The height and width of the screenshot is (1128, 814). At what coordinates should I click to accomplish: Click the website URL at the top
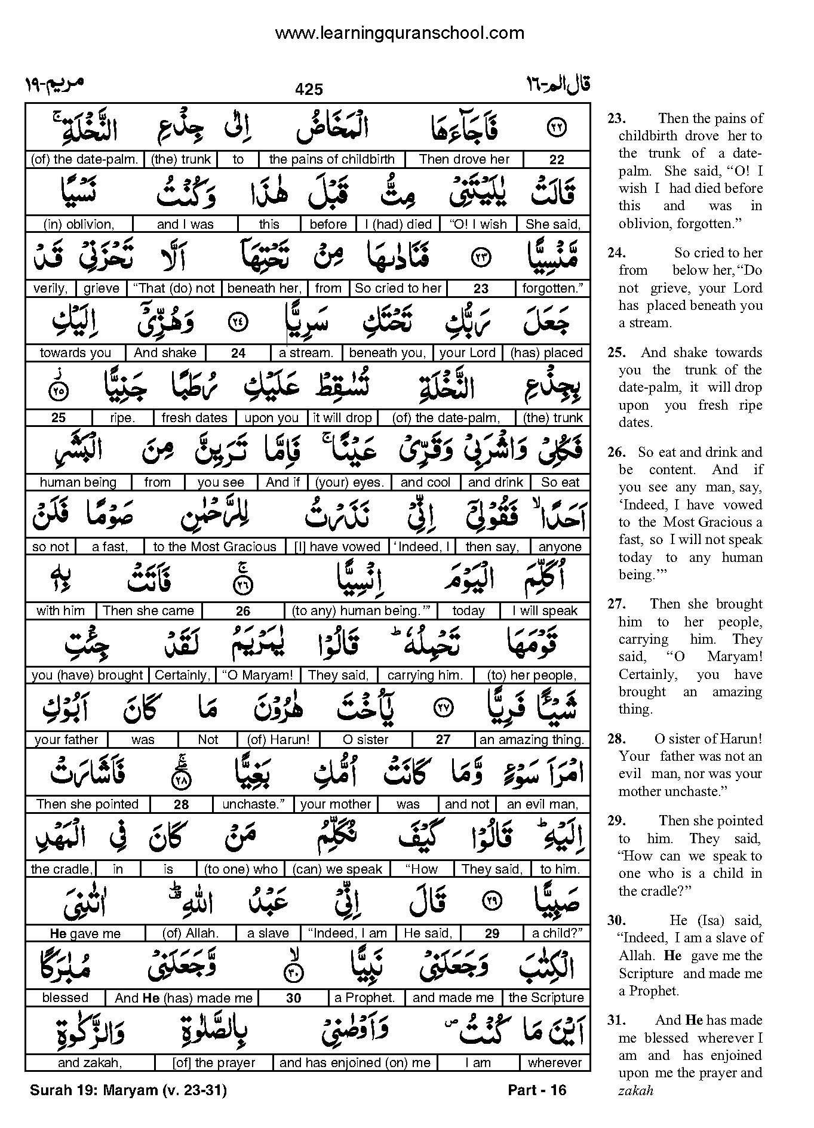[x=400, y=33]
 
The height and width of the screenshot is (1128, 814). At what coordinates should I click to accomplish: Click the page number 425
[x=309, y=90]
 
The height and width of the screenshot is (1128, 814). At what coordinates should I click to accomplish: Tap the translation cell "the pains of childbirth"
[x=331, y=159]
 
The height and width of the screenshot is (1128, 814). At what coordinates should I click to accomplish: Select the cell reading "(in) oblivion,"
[x=78, y=225]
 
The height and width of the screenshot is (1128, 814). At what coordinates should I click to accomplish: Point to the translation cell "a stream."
[x=306, y=353]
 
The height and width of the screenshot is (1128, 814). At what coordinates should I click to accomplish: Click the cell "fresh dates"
[x=194, y=418]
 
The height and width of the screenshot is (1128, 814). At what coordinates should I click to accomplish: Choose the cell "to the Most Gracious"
[x=215, y=547]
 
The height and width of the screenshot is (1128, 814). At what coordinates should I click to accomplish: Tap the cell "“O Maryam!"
[x=257, y=675]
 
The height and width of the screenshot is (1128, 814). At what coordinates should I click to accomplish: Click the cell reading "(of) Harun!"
[x=279, y=740]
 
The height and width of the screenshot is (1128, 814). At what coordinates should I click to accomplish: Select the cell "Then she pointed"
[x=87, y=804]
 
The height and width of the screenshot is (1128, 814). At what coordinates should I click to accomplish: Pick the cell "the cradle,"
[x=61, y=869]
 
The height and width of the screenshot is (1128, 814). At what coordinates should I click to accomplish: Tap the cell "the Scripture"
[x=546, y=998]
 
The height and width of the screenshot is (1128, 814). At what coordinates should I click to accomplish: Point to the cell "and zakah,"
[x=90, y=1063]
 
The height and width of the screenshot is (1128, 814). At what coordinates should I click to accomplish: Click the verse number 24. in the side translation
[x=616, y=253]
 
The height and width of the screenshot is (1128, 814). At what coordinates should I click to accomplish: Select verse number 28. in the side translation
[x=616, y=739]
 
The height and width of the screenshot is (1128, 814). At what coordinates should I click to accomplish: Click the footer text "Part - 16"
[x=536, y=1090]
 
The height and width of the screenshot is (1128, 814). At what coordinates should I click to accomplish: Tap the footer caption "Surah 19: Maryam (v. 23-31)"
[x=128, y=1090]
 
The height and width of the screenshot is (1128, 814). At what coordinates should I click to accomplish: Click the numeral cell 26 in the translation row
[x=243, y=611]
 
